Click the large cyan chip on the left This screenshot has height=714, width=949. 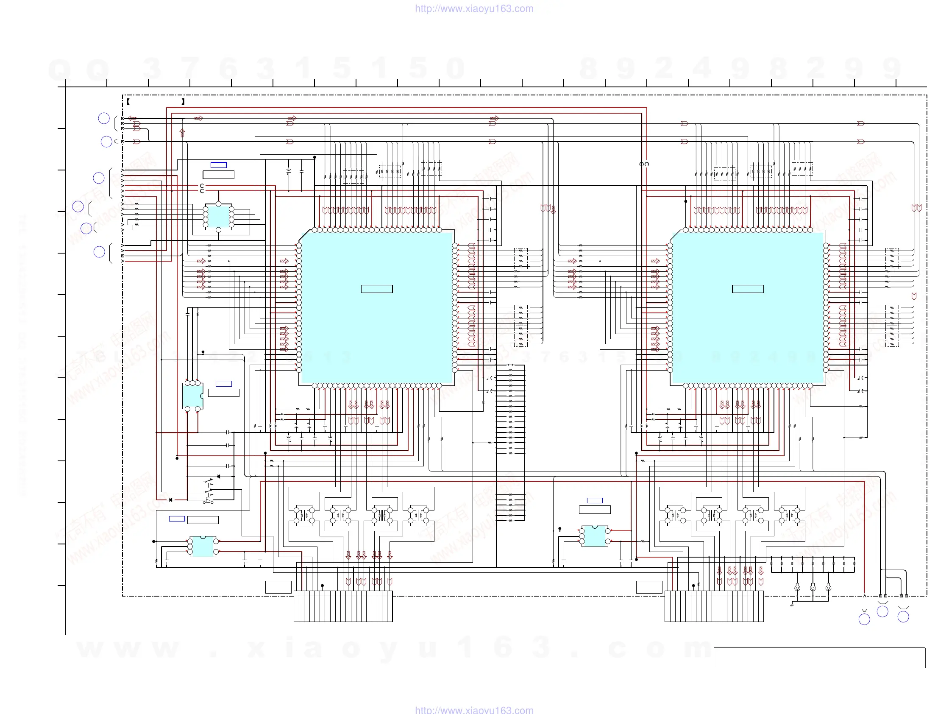(x=377, y=307)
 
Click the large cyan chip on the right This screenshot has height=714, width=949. (x=748, y=307)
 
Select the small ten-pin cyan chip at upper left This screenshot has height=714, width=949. (x=218, y=217)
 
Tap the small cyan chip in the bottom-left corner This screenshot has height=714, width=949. (x=203, y=547)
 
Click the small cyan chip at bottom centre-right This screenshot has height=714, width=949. (x=595, y=536)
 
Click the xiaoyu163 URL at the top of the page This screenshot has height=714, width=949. (x=474, y=8)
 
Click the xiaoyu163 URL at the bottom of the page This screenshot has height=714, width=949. (x=474, y=710)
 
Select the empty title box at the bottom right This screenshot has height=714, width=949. (x=819, y=658)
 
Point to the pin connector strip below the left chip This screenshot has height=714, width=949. (x=343, y=606)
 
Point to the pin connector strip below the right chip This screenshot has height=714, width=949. (x=714, y=606)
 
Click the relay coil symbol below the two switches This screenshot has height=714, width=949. (x=209, y=500)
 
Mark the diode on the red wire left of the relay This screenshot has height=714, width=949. (x=171, y=500)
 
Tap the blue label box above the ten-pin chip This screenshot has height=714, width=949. (x=218, y=165)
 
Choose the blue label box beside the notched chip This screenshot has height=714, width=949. (x=223, y=384)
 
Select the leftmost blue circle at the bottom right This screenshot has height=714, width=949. (x=864, y=619)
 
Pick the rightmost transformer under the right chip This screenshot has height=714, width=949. (x=789, y=515)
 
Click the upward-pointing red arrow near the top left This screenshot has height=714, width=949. (x=182, y=133)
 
